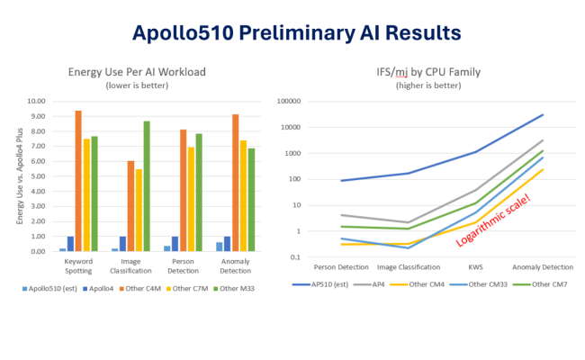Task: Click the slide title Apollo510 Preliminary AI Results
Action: pyautogui.click(x=296, y=33)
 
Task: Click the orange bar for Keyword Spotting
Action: pyautogui.click(x=78, y=181)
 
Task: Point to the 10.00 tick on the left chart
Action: pyautogui.click(x=35, y=102)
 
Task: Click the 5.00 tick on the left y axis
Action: pyautogui.click(x=37, y=176)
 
